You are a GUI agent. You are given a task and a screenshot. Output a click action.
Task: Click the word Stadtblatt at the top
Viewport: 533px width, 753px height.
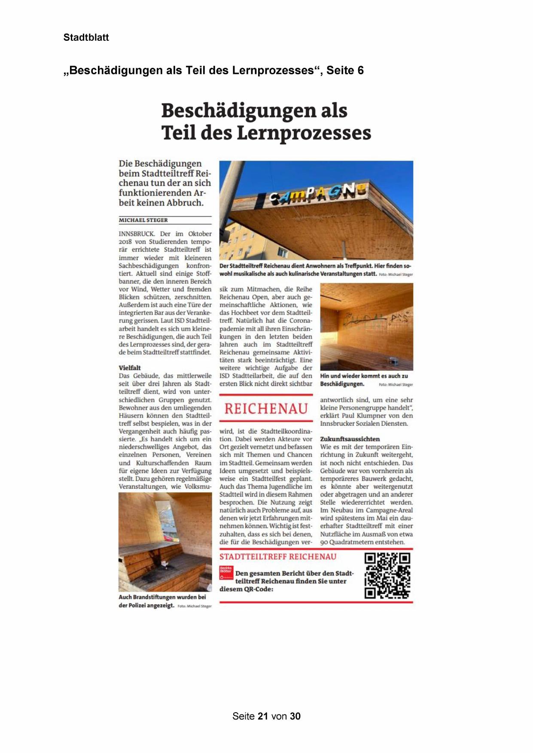click(86, 37)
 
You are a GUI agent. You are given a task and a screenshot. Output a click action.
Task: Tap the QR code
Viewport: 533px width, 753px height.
click(387, 575)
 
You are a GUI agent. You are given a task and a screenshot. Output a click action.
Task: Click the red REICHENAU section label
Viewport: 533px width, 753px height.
click(266, 408)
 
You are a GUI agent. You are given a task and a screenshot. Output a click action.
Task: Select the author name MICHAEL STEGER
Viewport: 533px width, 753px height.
click(143, 220)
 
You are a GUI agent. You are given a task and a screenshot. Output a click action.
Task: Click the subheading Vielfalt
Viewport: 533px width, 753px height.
click(130, 368)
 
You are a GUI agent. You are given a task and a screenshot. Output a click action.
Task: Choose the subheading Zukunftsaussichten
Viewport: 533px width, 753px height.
click(350, 439)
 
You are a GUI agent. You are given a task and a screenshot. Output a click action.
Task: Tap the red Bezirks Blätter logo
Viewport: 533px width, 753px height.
click(226, 572)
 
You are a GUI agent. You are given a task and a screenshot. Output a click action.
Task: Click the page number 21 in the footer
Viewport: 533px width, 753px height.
click(263, 716)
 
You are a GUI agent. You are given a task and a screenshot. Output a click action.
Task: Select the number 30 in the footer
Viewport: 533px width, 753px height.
click(295, 716)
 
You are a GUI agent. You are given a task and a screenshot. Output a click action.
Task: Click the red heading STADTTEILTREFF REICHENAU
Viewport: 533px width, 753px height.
click(278, 557)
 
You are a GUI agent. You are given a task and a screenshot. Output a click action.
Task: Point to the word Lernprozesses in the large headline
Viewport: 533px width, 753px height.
click(304, 133)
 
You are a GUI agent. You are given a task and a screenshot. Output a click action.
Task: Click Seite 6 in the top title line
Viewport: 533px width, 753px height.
click(344, 70)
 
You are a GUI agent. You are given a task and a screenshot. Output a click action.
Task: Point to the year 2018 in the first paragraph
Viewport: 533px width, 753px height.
click(126, 242)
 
